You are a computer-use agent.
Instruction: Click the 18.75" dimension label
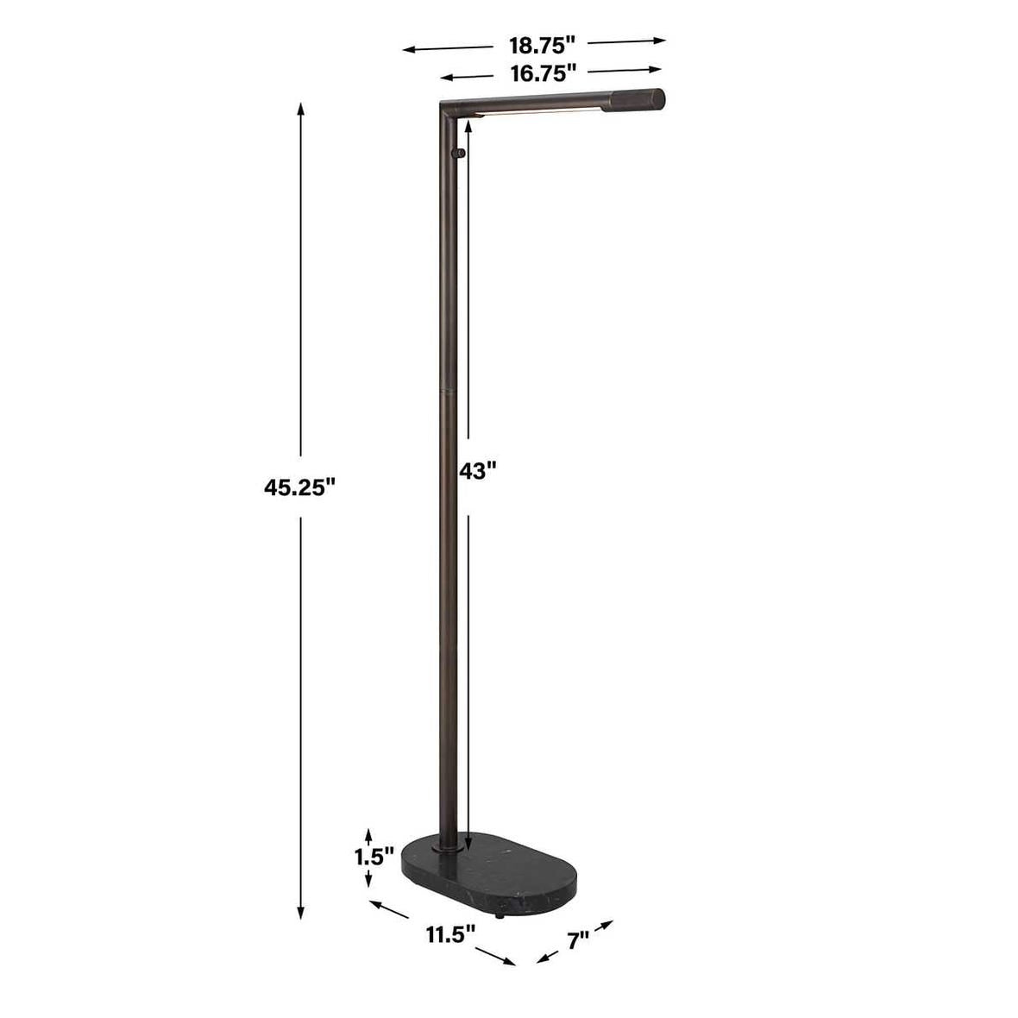(x=542, y=46)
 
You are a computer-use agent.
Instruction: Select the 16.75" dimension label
(x=544, y=73)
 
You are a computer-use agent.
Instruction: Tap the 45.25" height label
(x=299, y=487)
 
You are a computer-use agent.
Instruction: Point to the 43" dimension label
(x=477, y=470)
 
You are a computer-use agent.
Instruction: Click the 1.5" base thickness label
(x=374, y=857)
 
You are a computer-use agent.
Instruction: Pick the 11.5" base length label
(x=450, y=934)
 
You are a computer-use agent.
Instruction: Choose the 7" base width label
(x=578, y=939)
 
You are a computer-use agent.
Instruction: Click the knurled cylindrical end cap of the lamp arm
(x=632, y=101)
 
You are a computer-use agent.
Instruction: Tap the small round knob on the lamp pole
(x=460, y=154)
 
